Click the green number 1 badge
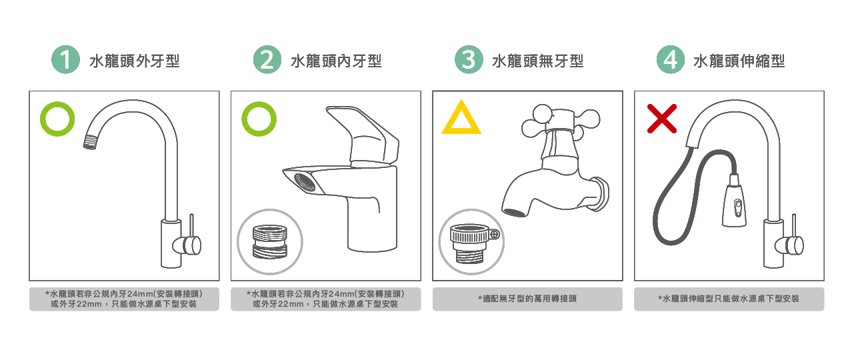(x=65, y=60)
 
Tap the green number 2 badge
(x=267, y=60)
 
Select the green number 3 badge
(x=469, y=60)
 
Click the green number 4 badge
(x=671, y=60)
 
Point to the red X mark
(x=662, y=119)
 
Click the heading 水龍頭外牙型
(x=135, y=61)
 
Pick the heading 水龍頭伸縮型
(x=739, y=61)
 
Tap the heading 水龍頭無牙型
(x=538, y=61)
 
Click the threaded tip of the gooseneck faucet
(x=91, y=142)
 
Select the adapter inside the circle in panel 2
(x=270, y=242)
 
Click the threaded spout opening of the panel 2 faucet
(x=305, y=182)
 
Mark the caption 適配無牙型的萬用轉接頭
(x=527, y=299)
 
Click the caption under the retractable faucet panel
(x=729, y=299)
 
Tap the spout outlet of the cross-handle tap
(x=515, y=212)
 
